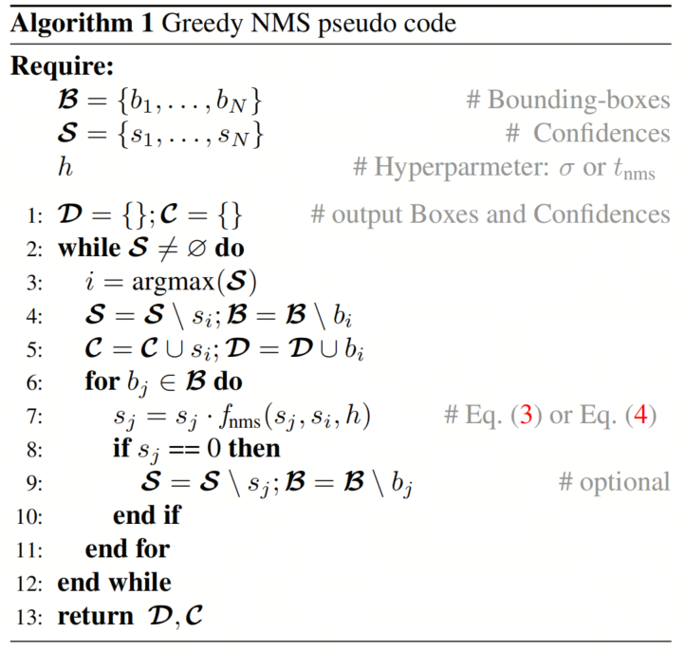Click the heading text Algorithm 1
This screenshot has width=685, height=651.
pyautogui.click(x=82, y=24)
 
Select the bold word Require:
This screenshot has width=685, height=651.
pyautogui.click(x=62, y=66)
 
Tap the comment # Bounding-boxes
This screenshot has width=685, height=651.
pyautogui.click(x=568, y=101)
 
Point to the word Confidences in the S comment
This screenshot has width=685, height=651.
pyautogui.click(x=602, y=133)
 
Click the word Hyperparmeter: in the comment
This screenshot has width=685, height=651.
pyautogui.click(x=462, y=168)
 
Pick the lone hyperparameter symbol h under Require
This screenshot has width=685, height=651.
pyautogui.click(x=65, y=167)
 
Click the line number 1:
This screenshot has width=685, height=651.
pyautogui.click(x=34, y=215)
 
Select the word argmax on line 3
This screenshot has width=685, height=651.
pyautogui.click(x=173, y=283)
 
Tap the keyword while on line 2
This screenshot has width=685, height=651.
pyautogui.click(x=89, y=249)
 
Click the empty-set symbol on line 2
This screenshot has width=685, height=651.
pyautogui.click(x=196, y=249)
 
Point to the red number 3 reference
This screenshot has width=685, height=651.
pyautogui.click(x=526, y=414)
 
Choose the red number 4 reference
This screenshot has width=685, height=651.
pyautogui.click(x=640, y=414)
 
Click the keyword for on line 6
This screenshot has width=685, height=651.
pyautogui.click(x=102, y=381)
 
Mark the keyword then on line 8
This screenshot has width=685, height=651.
pyautogui.click(x=254, y=449)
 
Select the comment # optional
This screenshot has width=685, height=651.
pyautogui.click(x=614, y=482)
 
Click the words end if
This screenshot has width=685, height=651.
pyautogui.click(x=147, y=515)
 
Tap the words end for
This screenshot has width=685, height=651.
pyautogui.click(x=127, y=549)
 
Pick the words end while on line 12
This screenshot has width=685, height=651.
pyautogui.click(x=115, y=583)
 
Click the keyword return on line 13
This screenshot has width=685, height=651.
pyautogui.click(x=96, y=617)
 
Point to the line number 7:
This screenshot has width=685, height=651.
pyautogui.click(x=34, y=417)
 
